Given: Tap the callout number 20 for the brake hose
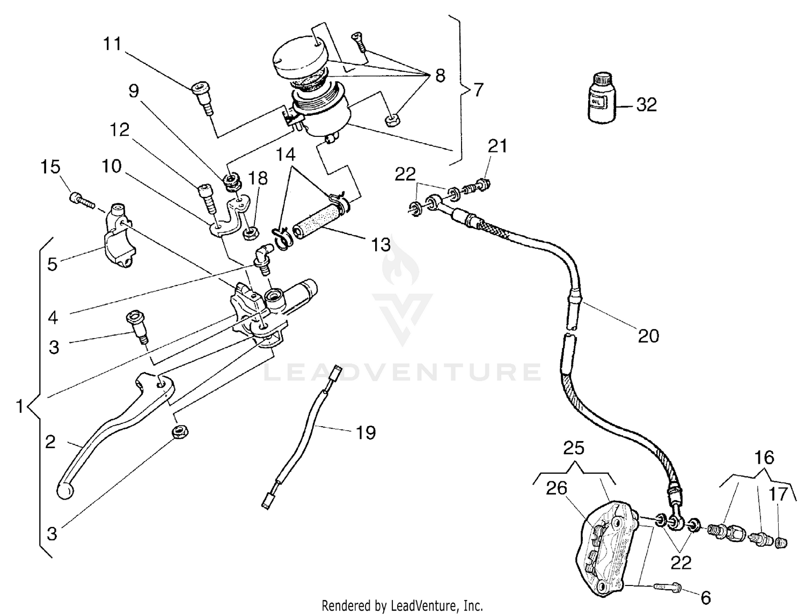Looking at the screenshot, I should click(648, 336).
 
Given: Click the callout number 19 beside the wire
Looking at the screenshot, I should click(365, 433).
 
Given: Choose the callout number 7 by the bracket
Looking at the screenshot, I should click(478, 90).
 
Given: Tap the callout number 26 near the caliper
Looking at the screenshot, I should click(557, 488).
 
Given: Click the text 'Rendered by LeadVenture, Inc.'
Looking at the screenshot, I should click(402, 606).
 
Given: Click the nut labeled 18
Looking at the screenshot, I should click(250, 233).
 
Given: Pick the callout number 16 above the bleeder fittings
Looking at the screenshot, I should click(764, 457).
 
